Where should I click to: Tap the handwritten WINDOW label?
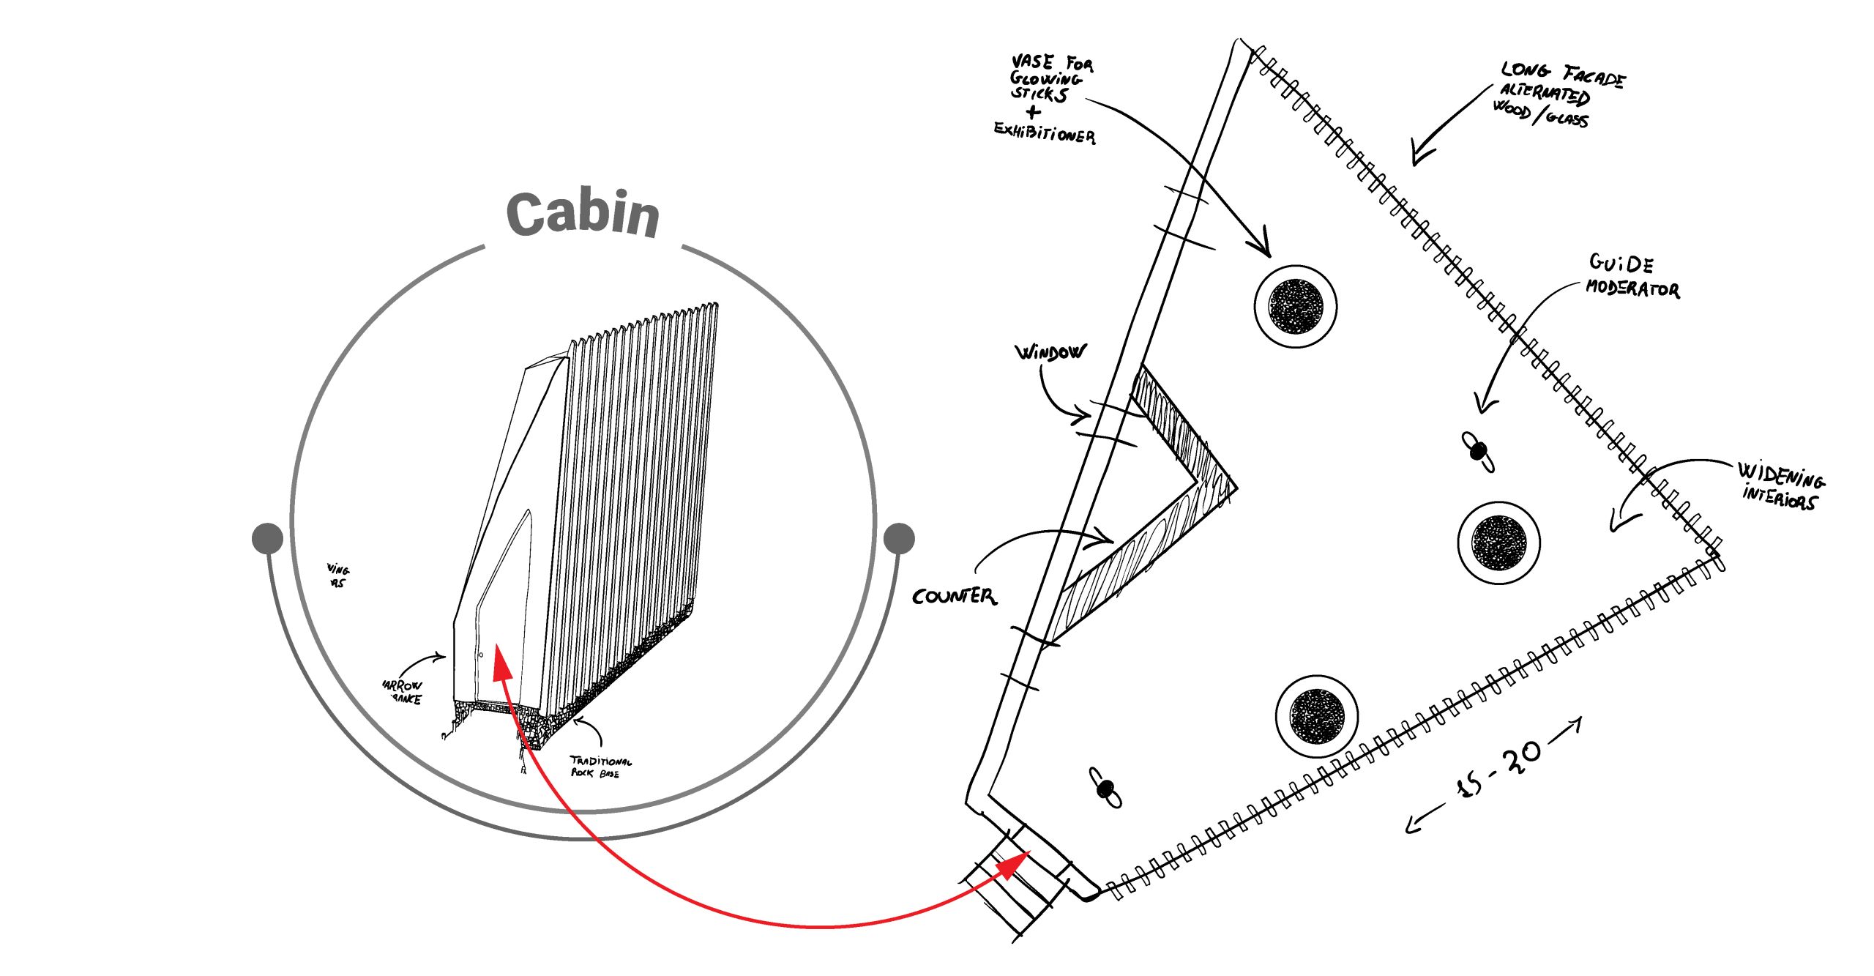click(x=1050, y=353)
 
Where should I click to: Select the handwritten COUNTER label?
click(x=954, y=596)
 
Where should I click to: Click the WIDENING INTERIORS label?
click(x=1780, y=485)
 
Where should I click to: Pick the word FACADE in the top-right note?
click(x=1594, y=76)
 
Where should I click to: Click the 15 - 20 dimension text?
click(x=1501, y=770)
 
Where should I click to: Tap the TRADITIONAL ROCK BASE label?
click(x=600, y=767)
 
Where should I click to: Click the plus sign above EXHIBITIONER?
click(x=1033, y=112)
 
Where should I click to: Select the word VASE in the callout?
click(x=1032, y=62)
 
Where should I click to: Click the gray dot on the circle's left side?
click(x=267, y=538)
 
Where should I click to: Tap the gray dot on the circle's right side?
click(x=899, y=538)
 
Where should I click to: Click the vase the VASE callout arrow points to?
click(x=1296, y=305)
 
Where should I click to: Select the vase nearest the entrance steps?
click(x=1317, y=715)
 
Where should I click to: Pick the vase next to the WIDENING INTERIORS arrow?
click(x=1498, y=543)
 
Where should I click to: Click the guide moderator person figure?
click(x=1478, y=451)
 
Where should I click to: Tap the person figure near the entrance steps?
click(x=1105, y=788)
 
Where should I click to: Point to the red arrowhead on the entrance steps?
click(x=1016, y=864)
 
